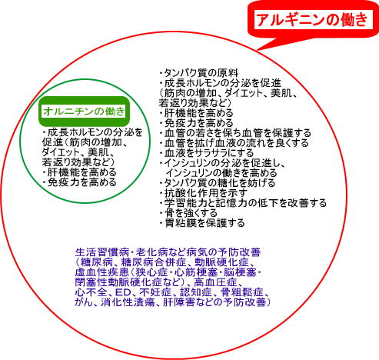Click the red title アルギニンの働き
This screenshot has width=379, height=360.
pyautogui.click(x=312, y=19)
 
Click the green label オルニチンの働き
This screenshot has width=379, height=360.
pyautogui.click(x=84, y=112)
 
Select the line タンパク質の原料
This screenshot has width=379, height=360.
pyautogui.click(x=199, y=73)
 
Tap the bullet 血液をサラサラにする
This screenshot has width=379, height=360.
pyautogui.click(x=207, y=153)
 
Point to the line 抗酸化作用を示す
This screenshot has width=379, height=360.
pyautogui.click(x=204, y=193)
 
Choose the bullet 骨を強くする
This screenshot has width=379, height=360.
pyautogui.click(x=188, y=213)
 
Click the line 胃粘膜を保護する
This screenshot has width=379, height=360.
pyautogui.click(x=202, y=223)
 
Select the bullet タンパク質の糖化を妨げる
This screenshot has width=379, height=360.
pyautogui.click(x=218, y=183)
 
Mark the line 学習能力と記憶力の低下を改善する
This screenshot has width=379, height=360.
pyautogui.click(x=244, y=203)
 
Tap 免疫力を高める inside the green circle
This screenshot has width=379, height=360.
pyautogui.click(x=80, y=182)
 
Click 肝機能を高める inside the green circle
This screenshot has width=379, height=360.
pyautogui.click(x=80, y=172)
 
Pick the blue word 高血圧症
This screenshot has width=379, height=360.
pyautogui.click(x=215, y=282)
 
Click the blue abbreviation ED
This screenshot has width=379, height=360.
pyautogui.click(x=124, y=292)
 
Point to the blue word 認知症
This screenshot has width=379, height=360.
pyautogui.click(x=196, y=292)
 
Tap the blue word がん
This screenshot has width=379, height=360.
pyautogui.click(x=84, y=302)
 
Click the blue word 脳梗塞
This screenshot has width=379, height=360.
pyautogui.click(x=240, y=272)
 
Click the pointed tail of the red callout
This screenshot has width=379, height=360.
pyautogui.click(x=257, y=49)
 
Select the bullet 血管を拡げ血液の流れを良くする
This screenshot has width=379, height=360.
pyautogui.click(x=234, y=143)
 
